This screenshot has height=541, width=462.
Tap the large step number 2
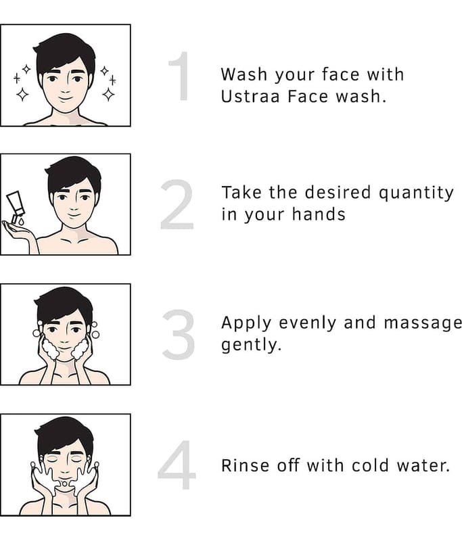point(177,204)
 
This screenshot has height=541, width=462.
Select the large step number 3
point(178,334)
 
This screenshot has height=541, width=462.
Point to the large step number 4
point(177,465)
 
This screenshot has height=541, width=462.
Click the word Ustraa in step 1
point(250,96)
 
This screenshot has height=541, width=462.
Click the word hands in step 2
point(319,214)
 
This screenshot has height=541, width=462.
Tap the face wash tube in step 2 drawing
point(16,206)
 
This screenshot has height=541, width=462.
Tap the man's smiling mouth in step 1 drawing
point(65,99)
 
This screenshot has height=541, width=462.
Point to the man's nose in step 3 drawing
point(65,340)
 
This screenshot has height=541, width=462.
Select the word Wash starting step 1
point(244,74)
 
